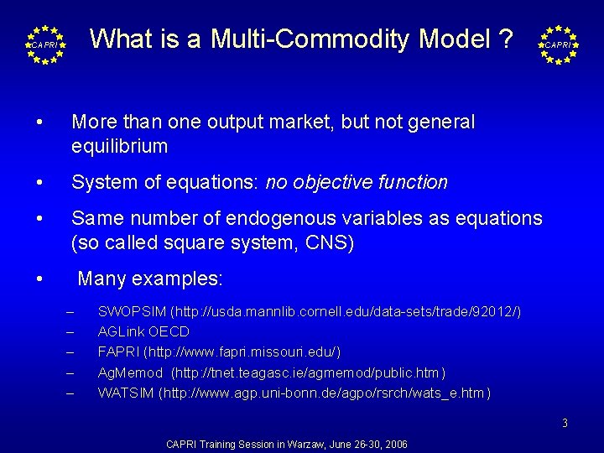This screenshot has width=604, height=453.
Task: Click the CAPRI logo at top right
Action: pos(558,44)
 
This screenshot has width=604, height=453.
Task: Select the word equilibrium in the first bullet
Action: pos(120,147)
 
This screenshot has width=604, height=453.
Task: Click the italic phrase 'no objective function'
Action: pos(357,182)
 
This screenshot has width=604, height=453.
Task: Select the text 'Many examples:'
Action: pos(150,279)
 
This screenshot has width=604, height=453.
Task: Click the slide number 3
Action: pos(565,424)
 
